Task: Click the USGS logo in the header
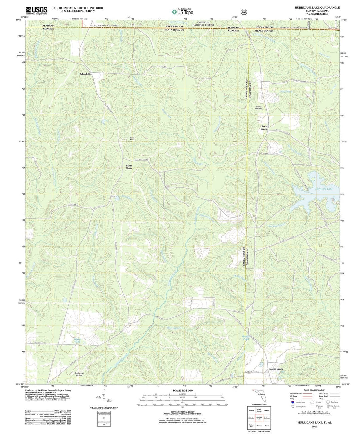click(x=36, y=10)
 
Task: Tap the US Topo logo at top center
click(x=182, y=12)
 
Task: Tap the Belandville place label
click(x=85, y=74)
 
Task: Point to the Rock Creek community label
click(x=264, y=128)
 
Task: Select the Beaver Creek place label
click(x=275, y=369)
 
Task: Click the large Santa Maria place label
click(x=129, y=167)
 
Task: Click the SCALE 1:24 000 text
click(x=182, y=390)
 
